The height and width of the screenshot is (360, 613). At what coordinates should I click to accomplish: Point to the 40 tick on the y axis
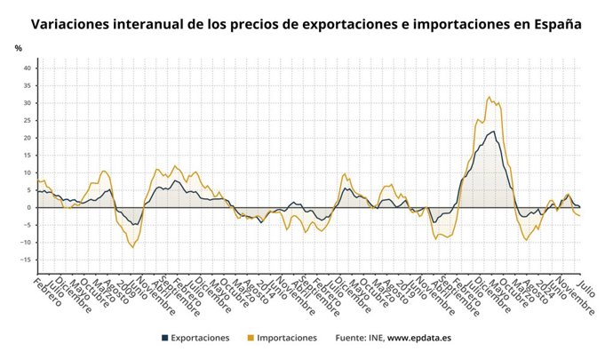[x=27, y=68]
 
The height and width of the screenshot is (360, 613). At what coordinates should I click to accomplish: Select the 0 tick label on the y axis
[x=29, y=208]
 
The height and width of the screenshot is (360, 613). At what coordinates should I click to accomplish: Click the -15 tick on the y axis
[x=26, y=260]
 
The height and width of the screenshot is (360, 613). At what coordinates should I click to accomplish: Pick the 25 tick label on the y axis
[x=27, y=121]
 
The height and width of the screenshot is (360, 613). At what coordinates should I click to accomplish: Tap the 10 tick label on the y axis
[x=27, y=173]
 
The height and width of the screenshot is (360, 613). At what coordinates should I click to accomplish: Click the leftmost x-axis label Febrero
[x=46, y=292]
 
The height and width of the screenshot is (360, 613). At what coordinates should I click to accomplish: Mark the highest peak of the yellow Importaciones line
[x=489, y=97]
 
